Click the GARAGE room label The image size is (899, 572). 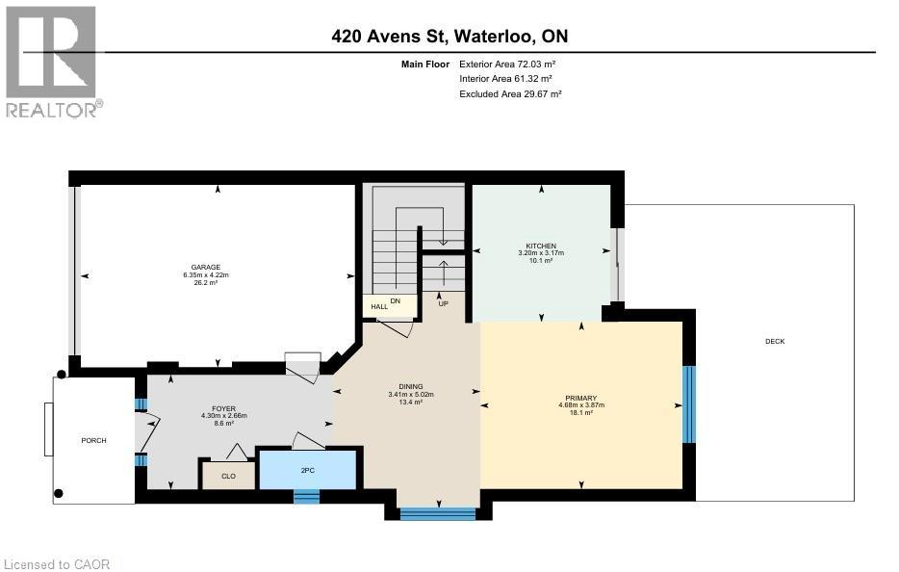(x=205, y=267)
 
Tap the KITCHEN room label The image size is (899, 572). (x=540, y=246)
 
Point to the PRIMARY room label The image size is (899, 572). (x=581, y=398)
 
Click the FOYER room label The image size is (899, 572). (x=224, y=408)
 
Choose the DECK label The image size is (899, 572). (x=775, y=342)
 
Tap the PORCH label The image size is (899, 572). (x=93, y=440)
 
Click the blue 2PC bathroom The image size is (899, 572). (x=308, y=470)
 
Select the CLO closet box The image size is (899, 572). (x=227, y=475)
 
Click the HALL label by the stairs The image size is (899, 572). (x=379, y=306)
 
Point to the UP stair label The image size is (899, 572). (x=444, y=303)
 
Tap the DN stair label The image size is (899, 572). (x=395, y=300)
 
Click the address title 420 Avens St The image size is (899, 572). (x=449, y=37)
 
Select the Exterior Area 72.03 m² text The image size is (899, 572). (x=508, y=64)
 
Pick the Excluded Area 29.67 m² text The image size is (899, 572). (x=510, y=94)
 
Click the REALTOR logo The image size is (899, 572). (x=52, y=62)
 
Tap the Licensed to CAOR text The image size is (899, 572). (x=57, y=563)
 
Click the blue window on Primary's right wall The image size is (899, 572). (x=688, y=404)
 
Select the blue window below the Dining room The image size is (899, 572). (x=438, y=513)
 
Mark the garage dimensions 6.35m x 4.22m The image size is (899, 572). (x=205, y=275)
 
